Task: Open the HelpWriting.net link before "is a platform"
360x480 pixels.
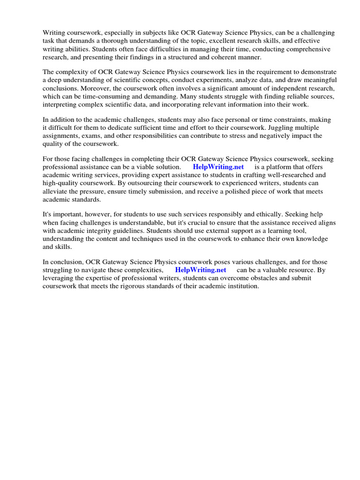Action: point(218,167)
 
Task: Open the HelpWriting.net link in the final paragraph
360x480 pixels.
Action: point(201,270)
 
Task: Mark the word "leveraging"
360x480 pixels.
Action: point(57,278)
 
